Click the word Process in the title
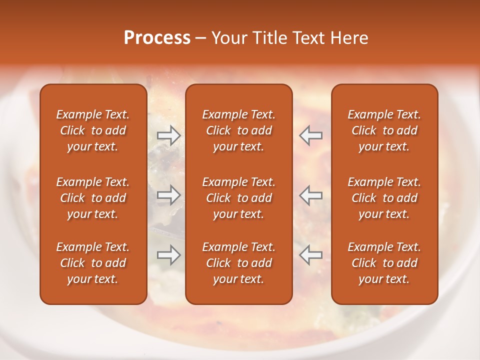click(157, 38)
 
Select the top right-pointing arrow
click(169, 135)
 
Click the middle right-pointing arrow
click(169, 194)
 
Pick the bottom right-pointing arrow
click(169, 255)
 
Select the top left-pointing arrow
click(310, 135)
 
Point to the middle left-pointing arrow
click(310, 194)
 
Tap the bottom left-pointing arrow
click(310, 255)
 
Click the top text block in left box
click(93, 130)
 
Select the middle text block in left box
click(93, 198)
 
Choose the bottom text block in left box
click(93, 263)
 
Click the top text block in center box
click(238, 130)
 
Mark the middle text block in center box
click(238, 198)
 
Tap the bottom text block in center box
click(238, 263)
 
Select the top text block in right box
click(384, 130)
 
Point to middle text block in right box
click(384, 198)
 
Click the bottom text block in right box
click(384, 263)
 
